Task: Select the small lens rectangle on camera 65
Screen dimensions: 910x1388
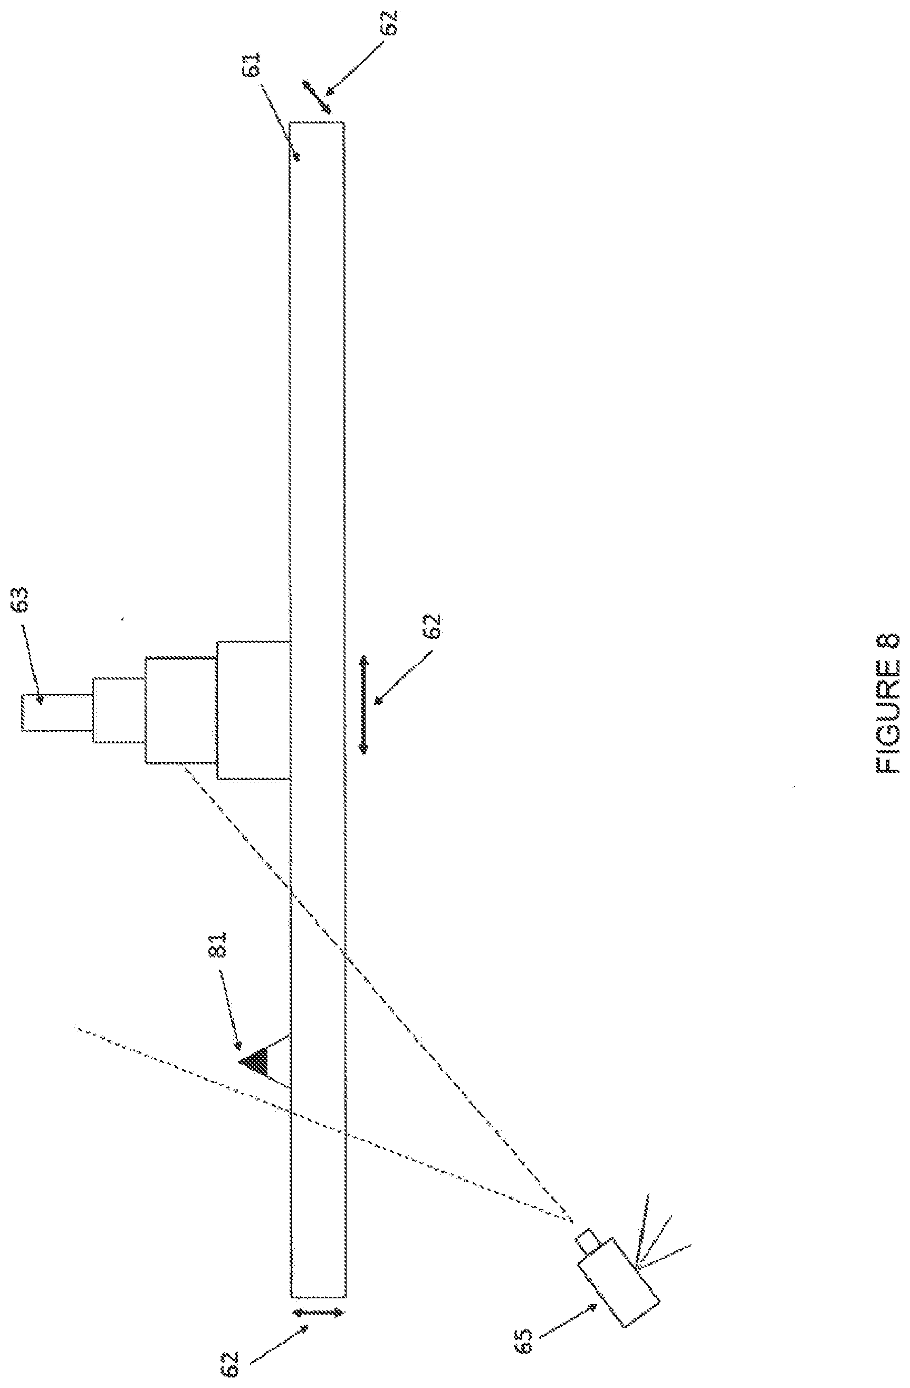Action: (x=588, y=1240)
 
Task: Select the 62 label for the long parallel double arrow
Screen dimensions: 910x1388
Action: (x=434, y=627)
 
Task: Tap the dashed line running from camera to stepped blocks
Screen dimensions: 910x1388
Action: (x=373, y=991)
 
